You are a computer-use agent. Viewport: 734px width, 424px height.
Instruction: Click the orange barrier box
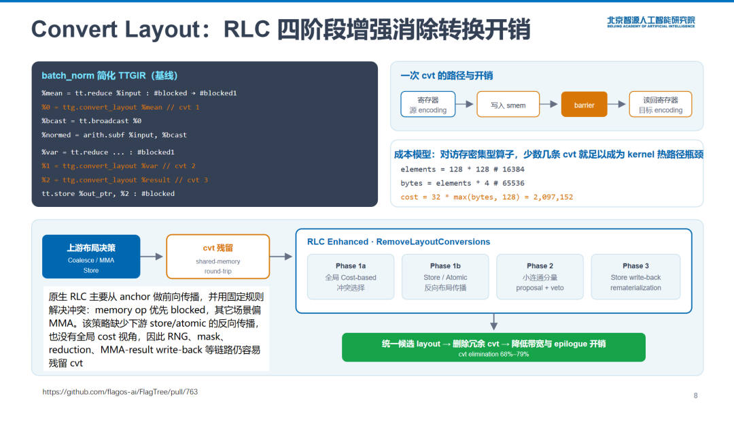(584, 104)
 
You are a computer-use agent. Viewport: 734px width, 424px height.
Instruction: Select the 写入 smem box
(508, 104)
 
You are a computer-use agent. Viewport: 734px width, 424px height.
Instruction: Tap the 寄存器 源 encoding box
(428, 104)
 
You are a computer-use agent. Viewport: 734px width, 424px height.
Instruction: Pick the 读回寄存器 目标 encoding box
(661, 104)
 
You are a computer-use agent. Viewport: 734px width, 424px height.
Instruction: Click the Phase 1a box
(351, 276)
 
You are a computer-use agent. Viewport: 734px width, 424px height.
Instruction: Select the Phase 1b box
(445, 276)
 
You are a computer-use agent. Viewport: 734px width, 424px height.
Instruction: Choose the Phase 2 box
(540, 276)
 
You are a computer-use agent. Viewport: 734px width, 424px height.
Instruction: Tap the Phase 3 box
(635, 276)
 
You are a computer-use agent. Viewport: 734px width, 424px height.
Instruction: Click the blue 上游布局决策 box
(91, 257)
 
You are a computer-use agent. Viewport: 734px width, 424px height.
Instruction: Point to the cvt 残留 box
(217, 257)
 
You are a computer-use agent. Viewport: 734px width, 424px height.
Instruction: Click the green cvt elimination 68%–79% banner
(493, 347)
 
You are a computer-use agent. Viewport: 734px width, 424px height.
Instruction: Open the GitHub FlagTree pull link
(120, 392)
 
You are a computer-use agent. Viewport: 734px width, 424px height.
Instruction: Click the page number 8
(696, 395)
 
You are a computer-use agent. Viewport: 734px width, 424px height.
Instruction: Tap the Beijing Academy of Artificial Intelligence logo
(651, 22)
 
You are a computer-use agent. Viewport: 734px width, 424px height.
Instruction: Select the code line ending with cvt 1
(121, 108)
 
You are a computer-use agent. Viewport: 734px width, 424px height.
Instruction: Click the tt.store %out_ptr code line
(108, 193)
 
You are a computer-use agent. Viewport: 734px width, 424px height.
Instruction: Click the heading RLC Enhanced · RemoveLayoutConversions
(398, 242)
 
